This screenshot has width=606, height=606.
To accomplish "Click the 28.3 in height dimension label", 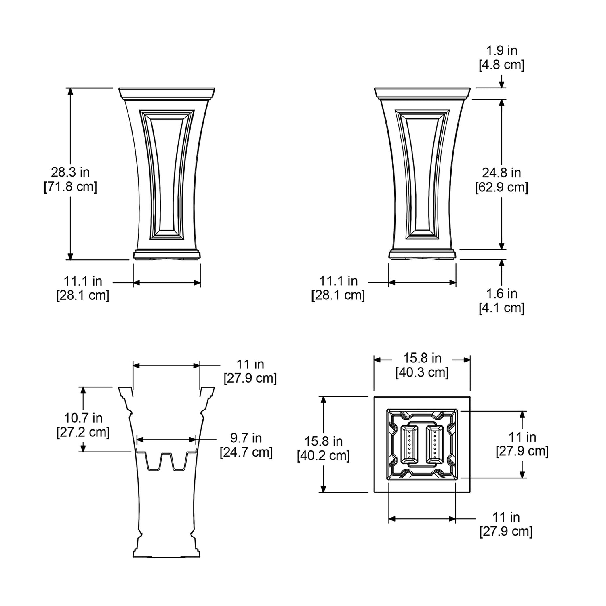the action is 70,172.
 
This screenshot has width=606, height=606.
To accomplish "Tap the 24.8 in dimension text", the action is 501,173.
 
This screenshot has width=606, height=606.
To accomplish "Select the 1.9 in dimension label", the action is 501,50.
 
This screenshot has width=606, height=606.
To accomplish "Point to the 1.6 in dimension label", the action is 501,294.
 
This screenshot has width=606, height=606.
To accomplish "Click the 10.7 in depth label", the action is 83,418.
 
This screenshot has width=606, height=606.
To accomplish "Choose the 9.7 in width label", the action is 246,438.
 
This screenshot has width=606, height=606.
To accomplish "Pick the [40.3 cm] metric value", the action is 422,372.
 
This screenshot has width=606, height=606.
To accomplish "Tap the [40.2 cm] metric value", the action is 323,456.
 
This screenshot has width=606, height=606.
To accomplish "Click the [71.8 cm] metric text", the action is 70,187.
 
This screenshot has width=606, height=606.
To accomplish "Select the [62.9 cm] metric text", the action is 501,187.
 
